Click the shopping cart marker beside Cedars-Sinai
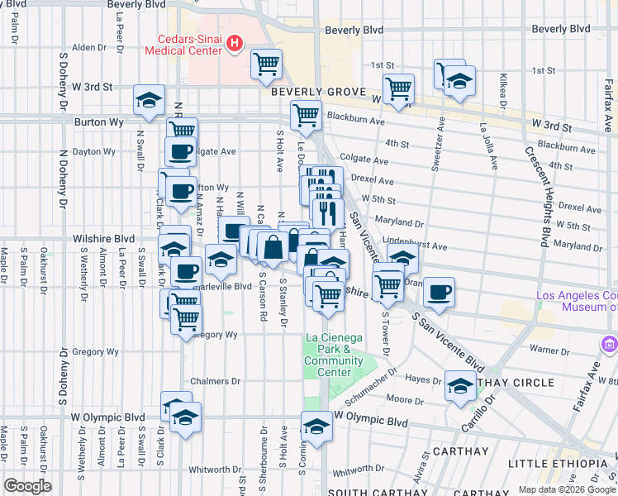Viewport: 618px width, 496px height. coord(266,64)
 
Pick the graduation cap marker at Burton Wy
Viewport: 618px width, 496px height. coord(150,101)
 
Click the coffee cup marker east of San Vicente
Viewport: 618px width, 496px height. coord(440,292)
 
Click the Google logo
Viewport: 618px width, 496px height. coord(27,486)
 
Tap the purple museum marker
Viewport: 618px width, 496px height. coord(610,342)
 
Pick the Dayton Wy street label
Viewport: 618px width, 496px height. coord(93,151)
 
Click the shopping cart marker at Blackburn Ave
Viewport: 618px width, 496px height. coord(306,116)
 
